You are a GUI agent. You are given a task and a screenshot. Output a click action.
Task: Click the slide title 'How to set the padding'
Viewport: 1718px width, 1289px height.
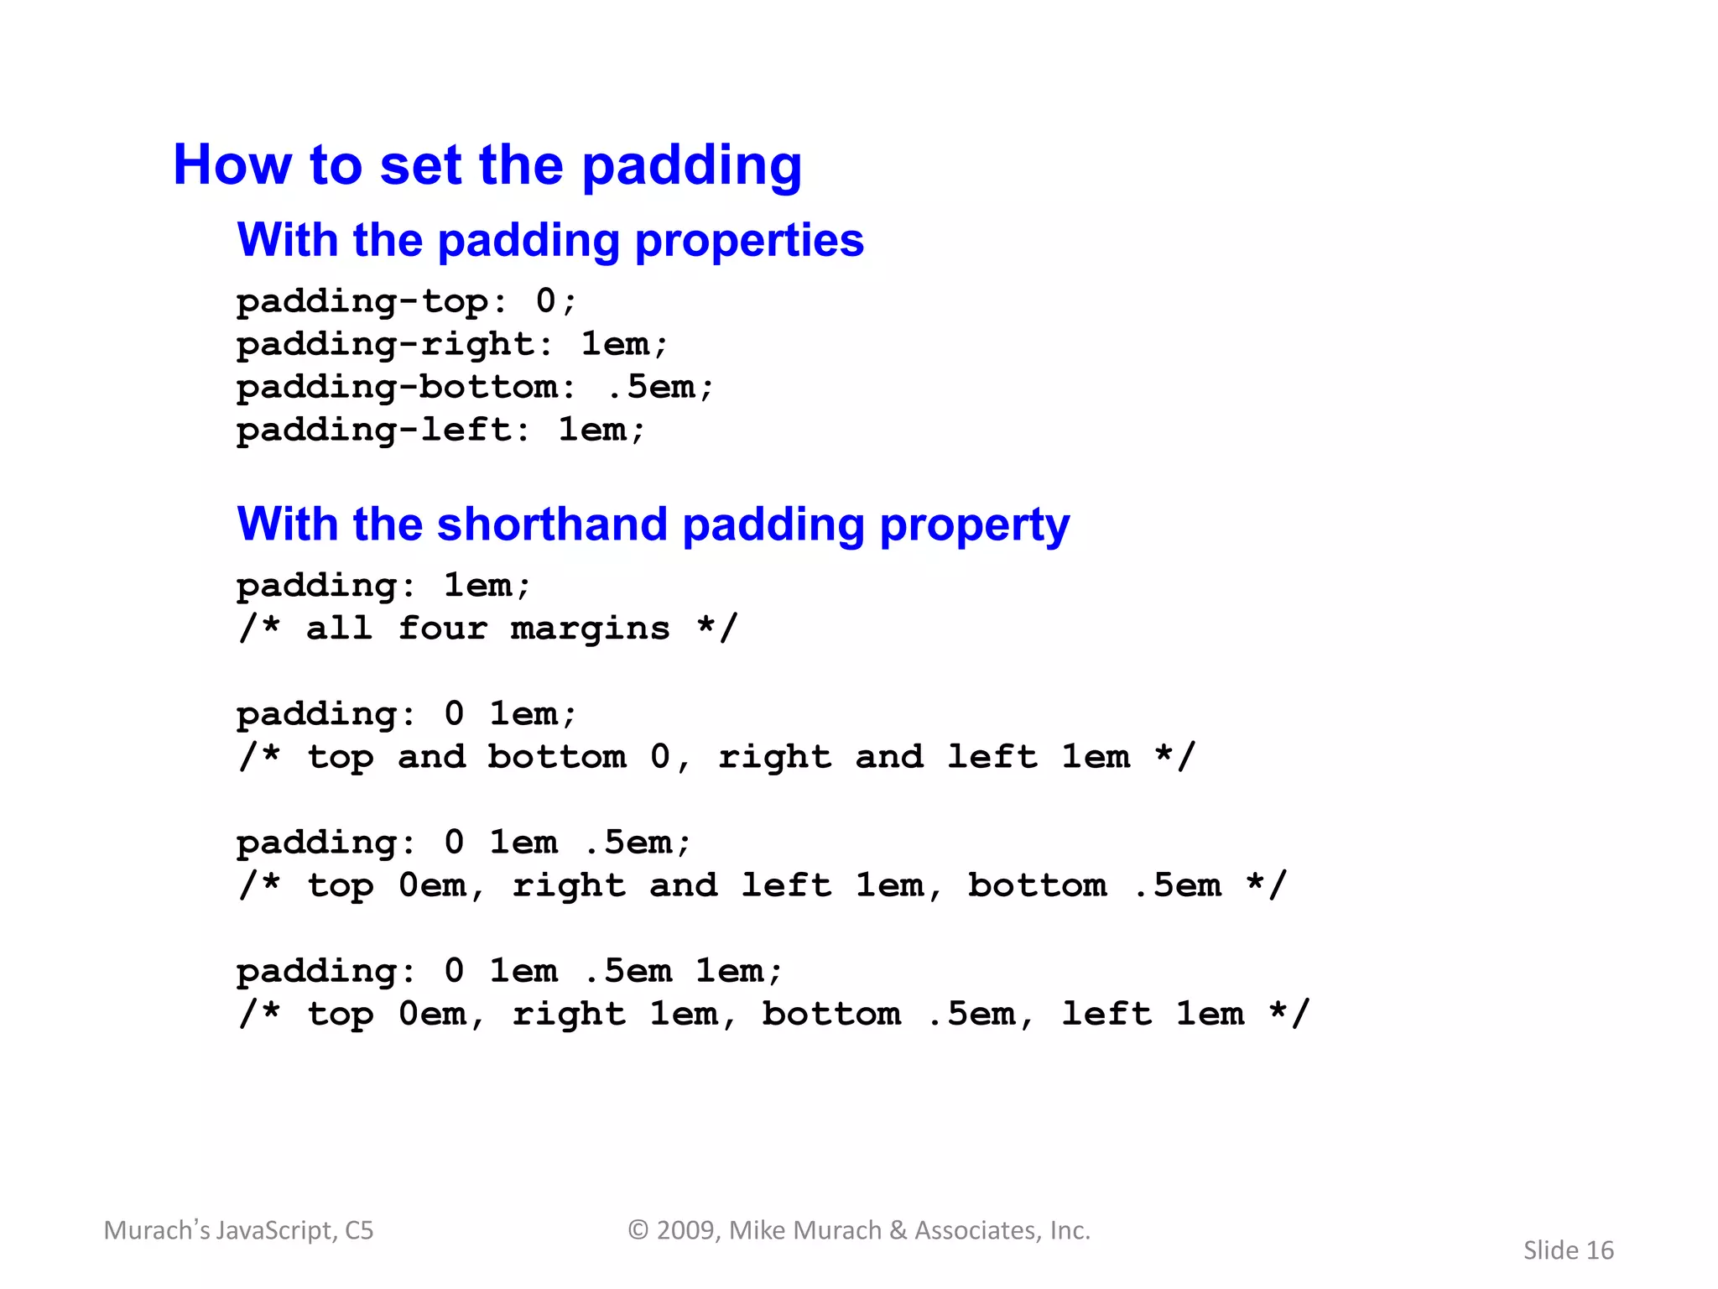487,164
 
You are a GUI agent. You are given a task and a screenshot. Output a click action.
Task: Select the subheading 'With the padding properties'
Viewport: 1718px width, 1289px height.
550,240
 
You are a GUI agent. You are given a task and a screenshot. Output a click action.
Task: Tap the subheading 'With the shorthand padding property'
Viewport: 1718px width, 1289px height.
653,524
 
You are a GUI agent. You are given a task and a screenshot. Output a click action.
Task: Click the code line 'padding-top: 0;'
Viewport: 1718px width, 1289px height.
407,301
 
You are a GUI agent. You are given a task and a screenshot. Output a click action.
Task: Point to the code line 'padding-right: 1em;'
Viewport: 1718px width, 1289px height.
452,344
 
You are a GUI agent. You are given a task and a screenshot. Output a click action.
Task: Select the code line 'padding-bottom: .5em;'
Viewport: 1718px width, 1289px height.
475,387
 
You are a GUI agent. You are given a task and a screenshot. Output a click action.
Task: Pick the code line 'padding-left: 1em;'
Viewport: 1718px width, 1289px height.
441,430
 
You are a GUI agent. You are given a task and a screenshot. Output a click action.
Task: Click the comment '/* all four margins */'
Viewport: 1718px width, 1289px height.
487,629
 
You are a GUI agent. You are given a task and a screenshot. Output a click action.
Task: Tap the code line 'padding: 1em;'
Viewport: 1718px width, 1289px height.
384,585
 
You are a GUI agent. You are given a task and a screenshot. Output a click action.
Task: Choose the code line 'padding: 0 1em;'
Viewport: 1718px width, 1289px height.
407,714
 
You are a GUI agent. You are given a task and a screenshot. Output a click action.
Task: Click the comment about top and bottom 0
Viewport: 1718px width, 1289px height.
717,757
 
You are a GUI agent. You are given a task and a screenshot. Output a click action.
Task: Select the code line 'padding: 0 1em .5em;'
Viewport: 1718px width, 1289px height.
464,843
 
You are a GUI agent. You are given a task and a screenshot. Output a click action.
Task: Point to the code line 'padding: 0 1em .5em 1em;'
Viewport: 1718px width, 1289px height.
510,972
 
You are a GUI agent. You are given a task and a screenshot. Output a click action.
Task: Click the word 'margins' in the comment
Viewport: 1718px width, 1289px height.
591,629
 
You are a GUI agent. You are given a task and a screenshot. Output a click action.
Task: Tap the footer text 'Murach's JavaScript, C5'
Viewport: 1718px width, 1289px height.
239,1230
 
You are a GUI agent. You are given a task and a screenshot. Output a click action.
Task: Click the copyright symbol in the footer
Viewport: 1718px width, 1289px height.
638,1230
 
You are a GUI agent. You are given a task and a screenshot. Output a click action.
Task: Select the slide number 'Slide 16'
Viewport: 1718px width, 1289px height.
1569,1250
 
